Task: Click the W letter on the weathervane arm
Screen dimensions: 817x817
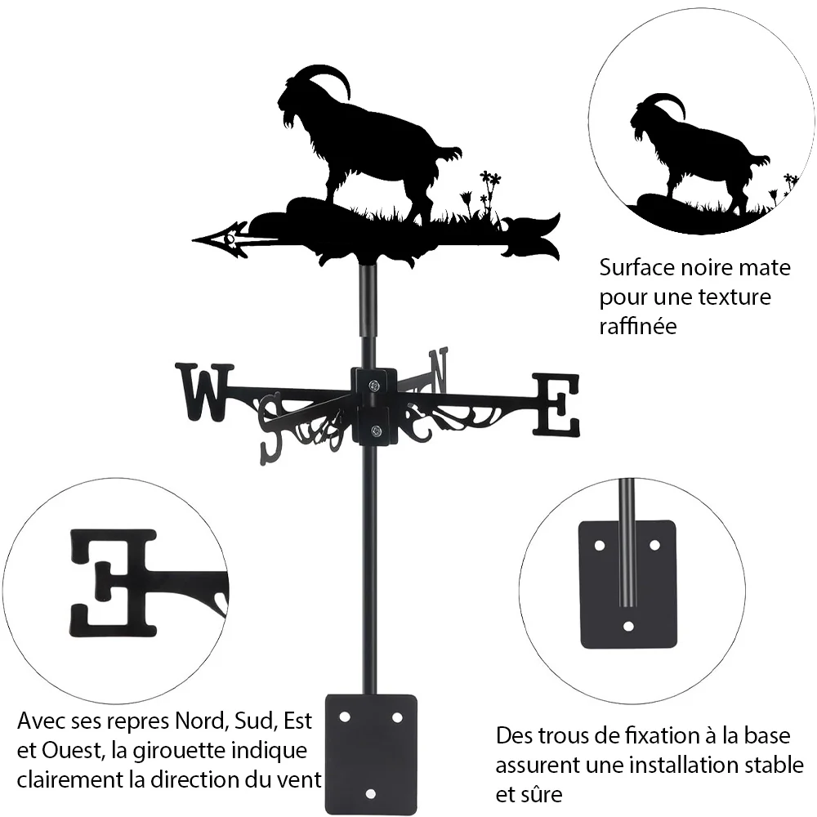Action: point(205,392)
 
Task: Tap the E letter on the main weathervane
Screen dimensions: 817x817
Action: point(556,404)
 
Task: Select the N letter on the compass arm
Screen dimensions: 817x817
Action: point(438,370)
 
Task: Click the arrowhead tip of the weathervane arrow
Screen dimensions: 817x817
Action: point(194,240)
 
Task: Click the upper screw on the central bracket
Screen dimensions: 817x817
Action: point(374,386)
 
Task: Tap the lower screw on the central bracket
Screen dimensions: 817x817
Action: point(375,431)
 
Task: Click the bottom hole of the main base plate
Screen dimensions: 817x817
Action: point(370,793)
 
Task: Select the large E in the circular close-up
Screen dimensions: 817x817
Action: point(113,583)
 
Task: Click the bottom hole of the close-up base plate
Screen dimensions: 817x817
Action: point(628,626)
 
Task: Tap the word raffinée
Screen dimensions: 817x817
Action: point(638,326)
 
